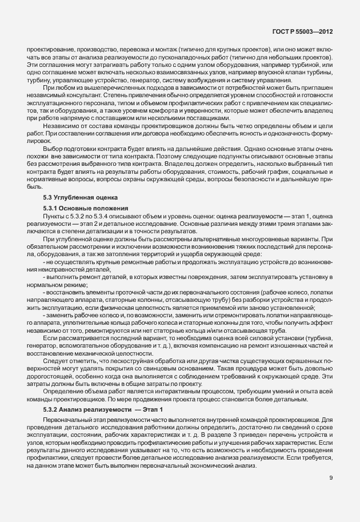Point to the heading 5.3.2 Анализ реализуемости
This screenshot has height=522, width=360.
90,409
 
